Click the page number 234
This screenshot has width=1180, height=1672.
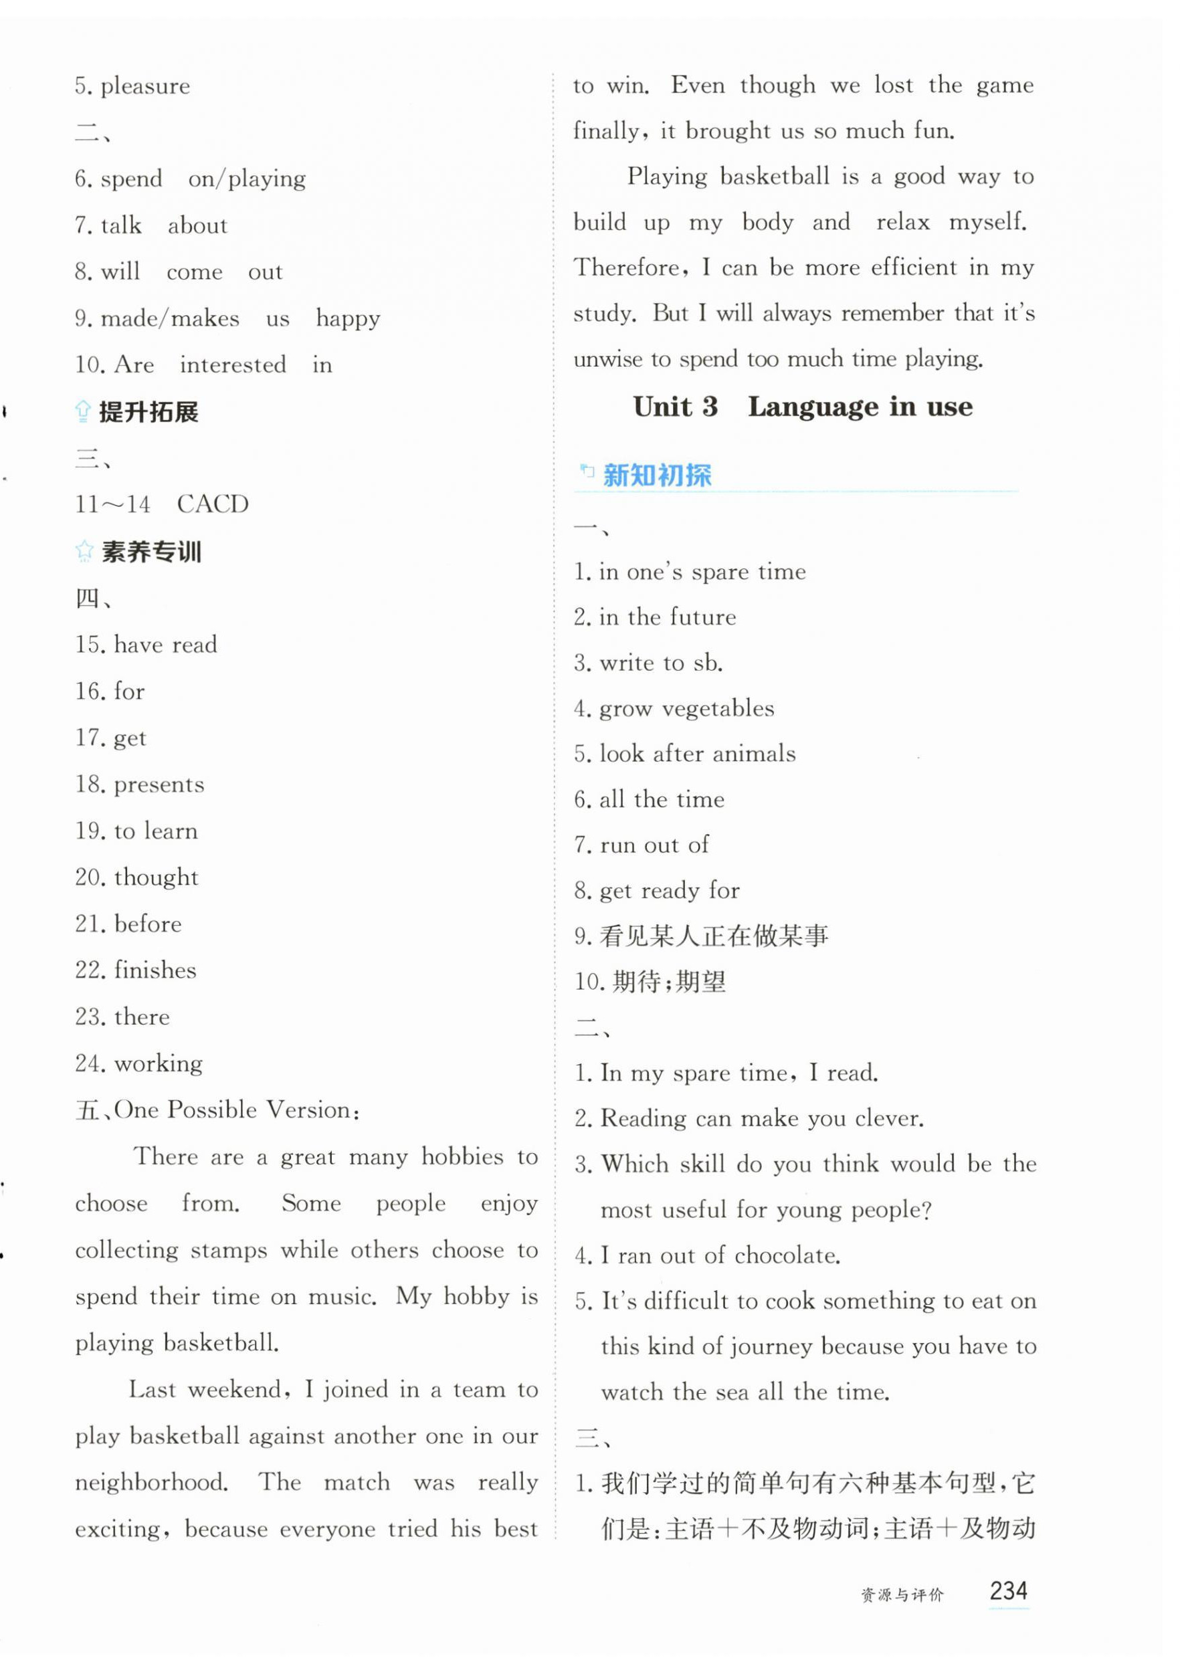pyautogui.click(x=1007, y=1590)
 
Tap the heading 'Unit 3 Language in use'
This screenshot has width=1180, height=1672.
pyautogui.click(x=802, y=407)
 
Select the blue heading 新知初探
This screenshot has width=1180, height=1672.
pyautogui.click(x=657, y=476)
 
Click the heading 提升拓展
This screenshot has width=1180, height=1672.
pyautogui.click(x=149, y=412)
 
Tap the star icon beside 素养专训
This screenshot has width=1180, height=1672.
pyautogui.click(x=84, y=551)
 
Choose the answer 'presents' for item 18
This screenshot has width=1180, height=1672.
pyautogui.click(x=159, y=785)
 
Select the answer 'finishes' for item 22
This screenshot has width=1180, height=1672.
pyautogui.click(x=155, y=970)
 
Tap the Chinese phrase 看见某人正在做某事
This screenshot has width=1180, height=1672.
pyautogui.click(x=714, y=936)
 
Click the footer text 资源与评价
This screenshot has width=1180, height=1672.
pyautogui.click(x=902, y=1596)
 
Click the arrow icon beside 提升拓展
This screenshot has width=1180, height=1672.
pyautogui.click(x=83, y=412)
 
